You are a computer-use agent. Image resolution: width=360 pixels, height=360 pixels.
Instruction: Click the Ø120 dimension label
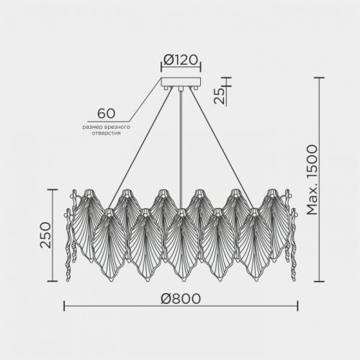pos(181,60)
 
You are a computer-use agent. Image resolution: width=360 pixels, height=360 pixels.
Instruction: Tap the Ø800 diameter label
pos(181,299)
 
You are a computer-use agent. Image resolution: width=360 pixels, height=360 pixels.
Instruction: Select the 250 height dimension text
pos(45,235)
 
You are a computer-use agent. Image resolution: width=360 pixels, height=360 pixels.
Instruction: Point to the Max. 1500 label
pos(312,179)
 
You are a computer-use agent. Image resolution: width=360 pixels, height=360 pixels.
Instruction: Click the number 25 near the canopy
pos(220,96)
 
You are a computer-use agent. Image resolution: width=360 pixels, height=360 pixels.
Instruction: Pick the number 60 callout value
pos(106,113)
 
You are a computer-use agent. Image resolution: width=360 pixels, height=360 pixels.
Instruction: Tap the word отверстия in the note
pos(106,133)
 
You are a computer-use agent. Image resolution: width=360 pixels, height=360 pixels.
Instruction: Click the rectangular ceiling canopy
pos(181,81)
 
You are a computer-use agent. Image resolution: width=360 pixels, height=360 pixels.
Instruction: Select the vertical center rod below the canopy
pos(181,150)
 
